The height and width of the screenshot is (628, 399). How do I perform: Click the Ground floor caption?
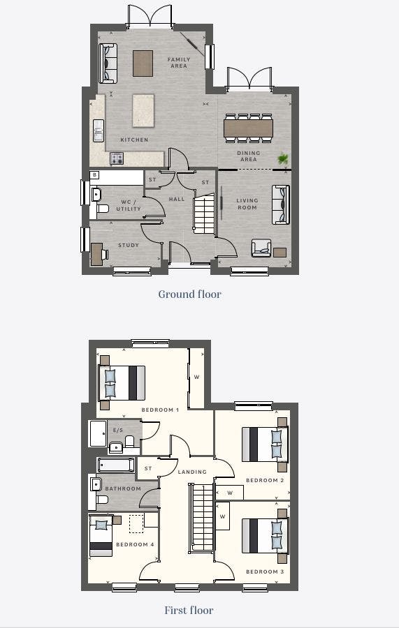point(189,294)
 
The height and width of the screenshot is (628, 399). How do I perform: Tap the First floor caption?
point(189,610)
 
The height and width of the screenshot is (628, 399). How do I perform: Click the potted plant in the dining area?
point(283,159)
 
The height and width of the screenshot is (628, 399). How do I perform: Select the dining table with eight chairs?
point(249,128)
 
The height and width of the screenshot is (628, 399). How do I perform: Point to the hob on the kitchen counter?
point(117,158)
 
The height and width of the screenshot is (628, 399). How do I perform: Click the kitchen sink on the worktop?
point(99,130)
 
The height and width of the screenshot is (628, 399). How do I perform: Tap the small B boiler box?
point(94,174)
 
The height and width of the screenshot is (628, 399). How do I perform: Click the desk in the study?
point(96,254)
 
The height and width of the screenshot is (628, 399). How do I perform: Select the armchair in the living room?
point(261,248)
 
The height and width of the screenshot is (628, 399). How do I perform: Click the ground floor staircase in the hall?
point(204,214)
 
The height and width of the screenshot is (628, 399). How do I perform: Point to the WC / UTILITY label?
point(129,205)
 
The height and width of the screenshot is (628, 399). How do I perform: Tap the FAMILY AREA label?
point(179,63)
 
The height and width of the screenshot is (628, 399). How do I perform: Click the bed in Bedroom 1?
point(122,382)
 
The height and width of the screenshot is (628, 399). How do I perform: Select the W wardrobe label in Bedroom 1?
point(197,377)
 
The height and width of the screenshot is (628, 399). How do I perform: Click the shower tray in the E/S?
point(99,433)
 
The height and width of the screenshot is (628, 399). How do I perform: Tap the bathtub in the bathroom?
point(116,465)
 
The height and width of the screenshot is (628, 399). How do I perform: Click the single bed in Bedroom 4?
point(101,535)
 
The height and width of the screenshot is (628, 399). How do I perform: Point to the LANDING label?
point(192,472)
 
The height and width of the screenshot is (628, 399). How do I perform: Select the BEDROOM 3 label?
point(265,571)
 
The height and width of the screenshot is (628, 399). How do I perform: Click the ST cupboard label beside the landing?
point(148,468)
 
